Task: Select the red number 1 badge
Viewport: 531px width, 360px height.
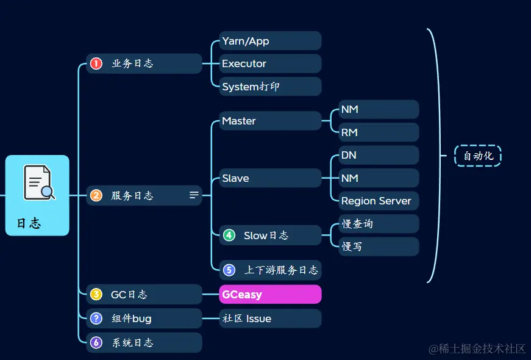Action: [x=96, y=63]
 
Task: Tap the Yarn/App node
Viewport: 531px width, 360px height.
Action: [x=269, y=41]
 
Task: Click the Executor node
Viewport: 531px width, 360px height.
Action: [x=269, y=63]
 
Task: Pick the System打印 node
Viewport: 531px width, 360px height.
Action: [x=269, y=87]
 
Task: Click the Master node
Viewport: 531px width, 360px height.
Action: [x=269, y=121]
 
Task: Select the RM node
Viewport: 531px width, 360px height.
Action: [x=378, y=132]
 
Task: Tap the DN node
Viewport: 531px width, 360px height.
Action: [x=378, y=155]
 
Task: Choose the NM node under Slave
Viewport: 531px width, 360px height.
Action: [x=378, y=178]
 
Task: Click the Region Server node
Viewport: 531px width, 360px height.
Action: [x=378, y=201]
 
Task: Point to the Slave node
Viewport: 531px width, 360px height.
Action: [x=269, y=178]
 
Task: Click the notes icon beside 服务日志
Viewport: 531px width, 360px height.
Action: [x=194, y=195]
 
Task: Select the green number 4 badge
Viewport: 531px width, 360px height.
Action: [x=229, y=235]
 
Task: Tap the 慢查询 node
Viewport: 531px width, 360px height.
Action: [x=378, y=224]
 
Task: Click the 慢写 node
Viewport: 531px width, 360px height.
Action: [x=378, y=247]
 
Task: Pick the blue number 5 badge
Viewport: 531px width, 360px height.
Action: [x=229, y=270]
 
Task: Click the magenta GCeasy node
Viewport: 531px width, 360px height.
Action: [x=269, y=294]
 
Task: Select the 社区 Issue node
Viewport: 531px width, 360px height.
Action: [x=269, y=319]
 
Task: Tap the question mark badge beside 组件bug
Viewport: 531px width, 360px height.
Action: [x=96, y=319]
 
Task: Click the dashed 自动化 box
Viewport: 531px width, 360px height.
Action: [x=478, y=156]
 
